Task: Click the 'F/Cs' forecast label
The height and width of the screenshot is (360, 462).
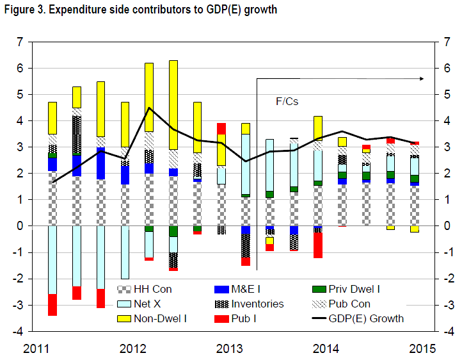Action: pyautogui.click(x=287, y=101)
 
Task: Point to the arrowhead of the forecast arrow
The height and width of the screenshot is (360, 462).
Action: pyautogui.click(x=422, y=78)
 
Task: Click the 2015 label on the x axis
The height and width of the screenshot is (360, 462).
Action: pyautogui.click(x=422, y=348)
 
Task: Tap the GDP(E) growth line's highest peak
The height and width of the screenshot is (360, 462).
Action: pyautogui.click(x=149, y=108)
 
